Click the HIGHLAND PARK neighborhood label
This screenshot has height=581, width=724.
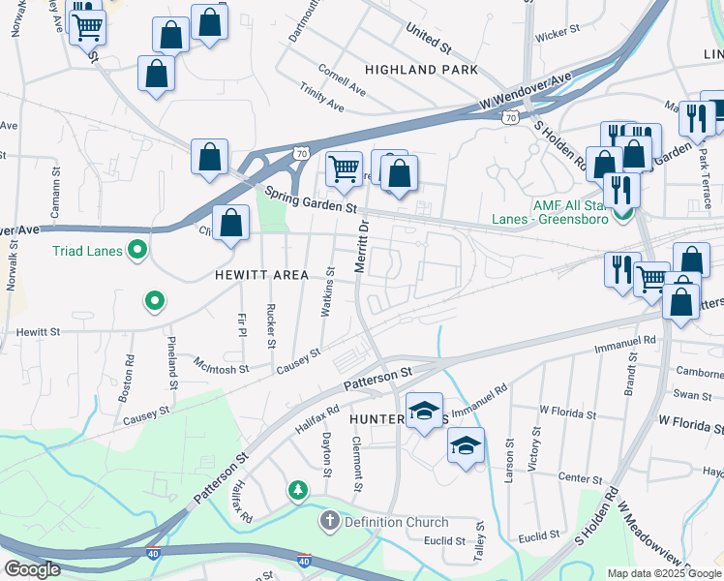coord(421,70)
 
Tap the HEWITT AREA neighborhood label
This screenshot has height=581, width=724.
coord(261,275)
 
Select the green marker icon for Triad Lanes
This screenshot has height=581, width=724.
coord(136,252)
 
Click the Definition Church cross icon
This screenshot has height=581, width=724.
coord(329,522)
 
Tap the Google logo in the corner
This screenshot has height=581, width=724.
coord(31,569)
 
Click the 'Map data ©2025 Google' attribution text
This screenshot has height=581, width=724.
coord(664,573)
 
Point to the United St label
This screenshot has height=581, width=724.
coord(429,40)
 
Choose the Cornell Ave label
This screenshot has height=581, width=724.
coord(343,78)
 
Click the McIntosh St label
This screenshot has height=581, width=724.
coord(222,369)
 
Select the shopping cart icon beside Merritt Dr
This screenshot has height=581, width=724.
coord(344,169)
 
